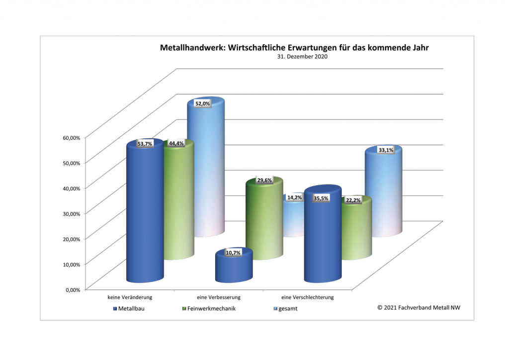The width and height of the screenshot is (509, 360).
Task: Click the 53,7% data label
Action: [145, 144]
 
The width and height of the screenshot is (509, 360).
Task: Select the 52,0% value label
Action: [202, 103]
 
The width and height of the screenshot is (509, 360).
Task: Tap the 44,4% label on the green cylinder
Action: [176, 143]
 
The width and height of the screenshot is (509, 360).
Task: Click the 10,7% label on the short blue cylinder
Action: [233, 253]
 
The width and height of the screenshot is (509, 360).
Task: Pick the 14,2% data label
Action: [295, 197]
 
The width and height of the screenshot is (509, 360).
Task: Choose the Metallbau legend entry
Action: [131, 308]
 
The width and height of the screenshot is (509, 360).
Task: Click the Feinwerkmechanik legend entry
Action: [209, 308]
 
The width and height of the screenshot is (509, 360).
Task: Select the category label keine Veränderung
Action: [130, 297]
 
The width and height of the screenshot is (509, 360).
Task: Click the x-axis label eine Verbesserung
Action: [219, 297]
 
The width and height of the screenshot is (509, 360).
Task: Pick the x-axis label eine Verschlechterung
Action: [307, 297]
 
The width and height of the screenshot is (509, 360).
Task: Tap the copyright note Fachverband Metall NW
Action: [419, 307]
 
